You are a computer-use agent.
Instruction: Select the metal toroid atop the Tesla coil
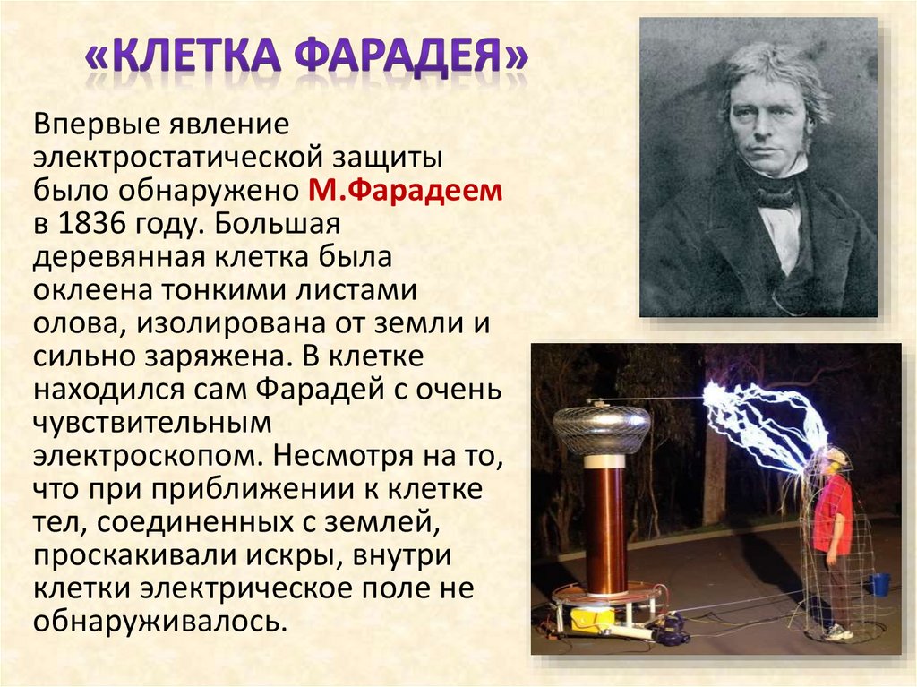(601, 428)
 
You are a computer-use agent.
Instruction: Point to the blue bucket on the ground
(878, 584)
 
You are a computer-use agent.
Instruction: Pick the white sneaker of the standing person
(837, 632)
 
